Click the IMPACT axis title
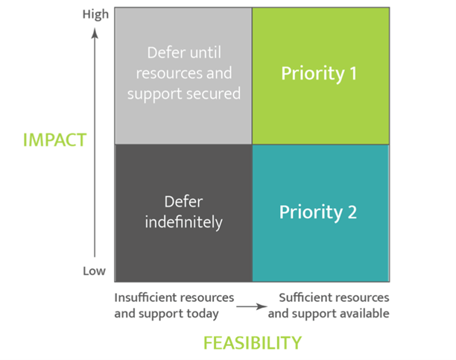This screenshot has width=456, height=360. click(x=54, y=140)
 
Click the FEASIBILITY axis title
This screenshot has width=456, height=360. click(x=253, y=343)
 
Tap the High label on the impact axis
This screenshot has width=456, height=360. click(x=95, y=15)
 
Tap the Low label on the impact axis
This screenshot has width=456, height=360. click(x=94, y=271)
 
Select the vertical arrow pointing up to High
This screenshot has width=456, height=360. click(x=95, y=142)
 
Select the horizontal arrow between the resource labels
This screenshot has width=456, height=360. click(x=252, y=306)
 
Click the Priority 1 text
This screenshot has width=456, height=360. click(x=319, y=73)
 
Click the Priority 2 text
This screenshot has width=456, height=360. click(x=318, y=212)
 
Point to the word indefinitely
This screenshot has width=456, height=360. click(x=184, y=222)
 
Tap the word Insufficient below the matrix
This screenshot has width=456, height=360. click(x=145, y=297)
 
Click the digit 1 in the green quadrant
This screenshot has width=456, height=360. click(x=353, y=73)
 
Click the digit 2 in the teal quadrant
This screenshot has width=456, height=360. click(x=352, y=212)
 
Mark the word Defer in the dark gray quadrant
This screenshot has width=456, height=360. click(x=183, y=201)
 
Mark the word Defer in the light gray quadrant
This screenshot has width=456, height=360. click(x=166, y=53)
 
